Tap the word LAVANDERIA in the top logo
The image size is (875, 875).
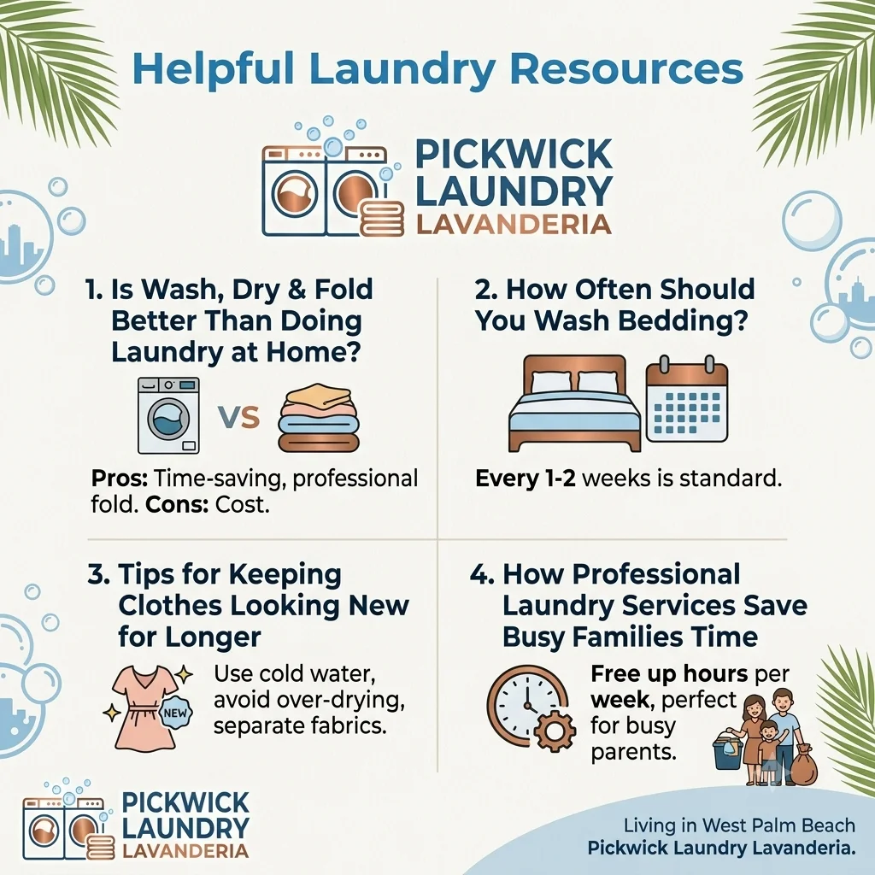tap(514, 225)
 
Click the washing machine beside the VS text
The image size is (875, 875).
tap(168, 416)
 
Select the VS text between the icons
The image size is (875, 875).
tap(239, 416)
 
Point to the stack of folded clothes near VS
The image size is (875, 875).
tap(319, 417)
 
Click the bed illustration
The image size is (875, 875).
tap(574, 403)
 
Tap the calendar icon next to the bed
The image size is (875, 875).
tap(687, 399)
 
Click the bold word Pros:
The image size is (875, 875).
tap(120, 479)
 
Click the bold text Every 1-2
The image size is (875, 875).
tap(526, 479)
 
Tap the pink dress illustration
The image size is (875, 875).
tap(144, 707)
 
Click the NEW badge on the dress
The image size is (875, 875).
tap(176, 713)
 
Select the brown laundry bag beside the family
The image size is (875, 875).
tap(804, 764)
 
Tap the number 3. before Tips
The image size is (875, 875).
tap(98, 574)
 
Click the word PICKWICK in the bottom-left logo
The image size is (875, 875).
tap(185, 802)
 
